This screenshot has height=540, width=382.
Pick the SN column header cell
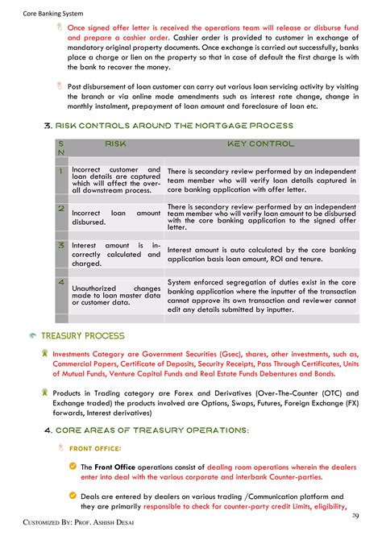[x=61, y=147]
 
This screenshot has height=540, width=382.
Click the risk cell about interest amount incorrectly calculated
[x=116, y=254]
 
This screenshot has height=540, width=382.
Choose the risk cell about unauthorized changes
[x=116, y=295]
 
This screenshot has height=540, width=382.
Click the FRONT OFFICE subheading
[x=96, y=448]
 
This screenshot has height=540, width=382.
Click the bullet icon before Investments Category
[x=44, y=353]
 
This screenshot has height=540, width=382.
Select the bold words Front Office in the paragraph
[x=113, y=467]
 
